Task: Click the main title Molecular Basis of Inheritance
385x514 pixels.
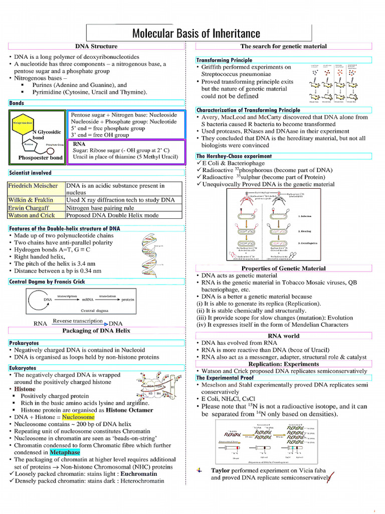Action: (x=196, y=34)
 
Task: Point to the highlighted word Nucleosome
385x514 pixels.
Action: (x=78, y=417)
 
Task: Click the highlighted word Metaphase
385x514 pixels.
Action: (x=65, y=452)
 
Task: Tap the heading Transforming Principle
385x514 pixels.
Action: (x=224, y=60)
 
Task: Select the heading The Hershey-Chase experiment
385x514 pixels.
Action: (x=234, y=156)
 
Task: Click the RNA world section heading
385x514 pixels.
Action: (x=283, y=336)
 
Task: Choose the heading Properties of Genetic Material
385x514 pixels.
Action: (x=283, y=269)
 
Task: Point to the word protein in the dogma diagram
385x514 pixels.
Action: (x=128, y=300)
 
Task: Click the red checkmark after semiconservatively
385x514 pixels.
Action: (x=330, y=475)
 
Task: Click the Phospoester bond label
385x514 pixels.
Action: (x=40, y=158)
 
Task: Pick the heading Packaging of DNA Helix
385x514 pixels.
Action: (x=96, y=331)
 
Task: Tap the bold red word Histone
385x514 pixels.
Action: (x=25, y=389)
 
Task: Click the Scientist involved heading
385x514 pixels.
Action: (x=30, y=173)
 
